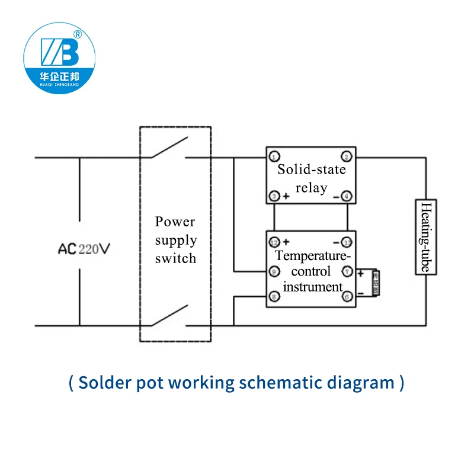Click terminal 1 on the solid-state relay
[274, 156]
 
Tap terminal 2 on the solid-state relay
[347, 156]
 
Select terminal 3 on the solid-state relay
[274, 196]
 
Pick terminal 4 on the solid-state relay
[347, 196]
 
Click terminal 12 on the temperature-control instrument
[274, 242]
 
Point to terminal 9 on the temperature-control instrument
[274, 271]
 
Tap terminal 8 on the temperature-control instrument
[274, 296]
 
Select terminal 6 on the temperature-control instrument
[347, 296]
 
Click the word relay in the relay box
[311, 188]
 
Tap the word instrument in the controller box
[313, 287]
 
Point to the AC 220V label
[84, 249]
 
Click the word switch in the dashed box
[175, 259]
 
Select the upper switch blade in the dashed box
[169, 148]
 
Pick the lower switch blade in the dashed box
[169, 315]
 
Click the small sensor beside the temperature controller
[374, 283]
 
